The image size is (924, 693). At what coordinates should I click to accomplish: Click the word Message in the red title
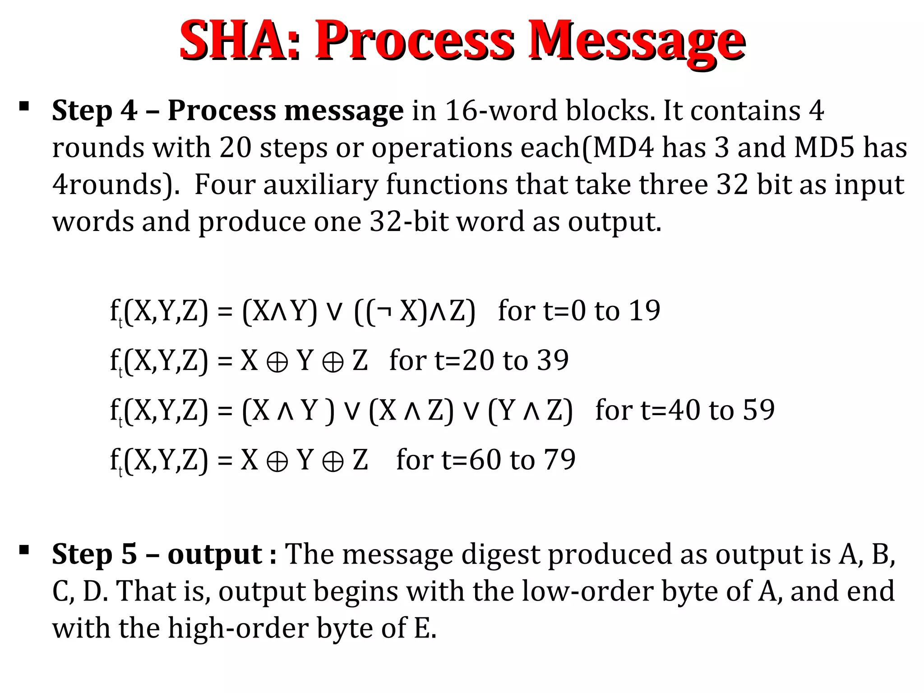(636, 42)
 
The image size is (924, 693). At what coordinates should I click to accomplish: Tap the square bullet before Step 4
(24, 106)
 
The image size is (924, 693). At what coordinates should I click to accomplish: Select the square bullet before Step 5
(24, 550)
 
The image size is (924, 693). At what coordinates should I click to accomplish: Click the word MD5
(824, 148)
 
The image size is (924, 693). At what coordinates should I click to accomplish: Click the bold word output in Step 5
(215, 554)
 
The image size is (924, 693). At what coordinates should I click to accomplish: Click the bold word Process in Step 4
(222, 111)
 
